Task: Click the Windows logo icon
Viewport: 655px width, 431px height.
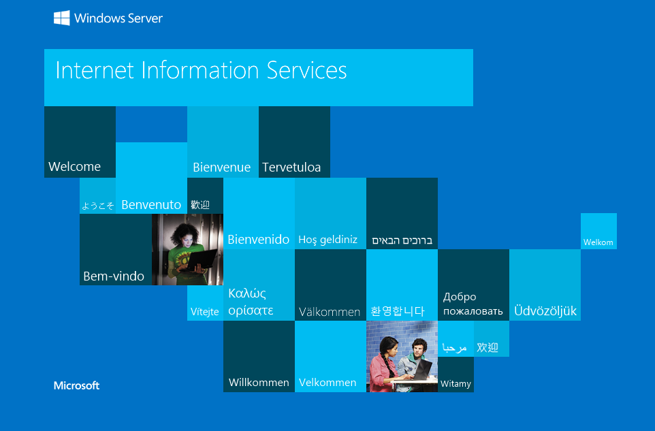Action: tap(62, 18)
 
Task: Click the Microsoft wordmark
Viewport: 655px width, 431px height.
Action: tap(76, 385)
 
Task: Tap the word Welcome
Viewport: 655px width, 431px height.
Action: tap(75, 167)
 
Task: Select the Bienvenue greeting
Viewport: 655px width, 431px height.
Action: tap(222, 167)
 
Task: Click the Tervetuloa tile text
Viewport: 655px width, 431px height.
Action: tap(291, 167)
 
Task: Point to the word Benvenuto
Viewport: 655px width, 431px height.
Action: tap(151, 205)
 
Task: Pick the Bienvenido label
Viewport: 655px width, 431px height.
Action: tap(259, 239)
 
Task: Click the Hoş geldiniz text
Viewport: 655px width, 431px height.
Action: tap(328, 240)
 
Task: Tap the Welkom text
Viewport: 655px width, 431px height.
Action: tap(598, 242)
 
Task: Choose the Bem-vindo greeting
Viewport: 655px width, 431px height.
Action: tap(114, 276)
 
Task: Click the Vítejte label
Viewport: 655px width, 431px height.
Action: tap(205, 312)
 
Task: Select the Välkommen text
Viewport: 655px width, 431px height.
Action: tap(330, 312)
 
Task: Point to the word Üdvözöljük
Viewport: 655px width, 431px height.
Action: tap(545, 310)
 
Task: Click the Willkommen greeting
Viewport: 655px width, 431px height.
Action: tap(259, 383)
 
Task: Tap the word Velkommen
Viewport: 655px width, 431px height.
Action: tap(327, 383)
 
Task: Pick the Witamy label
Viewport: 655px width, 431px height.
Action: tap(456, 384)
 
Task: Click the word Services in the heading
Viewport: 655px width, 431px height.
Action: tap(307, 70)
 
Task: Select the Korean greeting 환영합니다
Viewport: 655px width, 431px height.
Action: tap(398, 311)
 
